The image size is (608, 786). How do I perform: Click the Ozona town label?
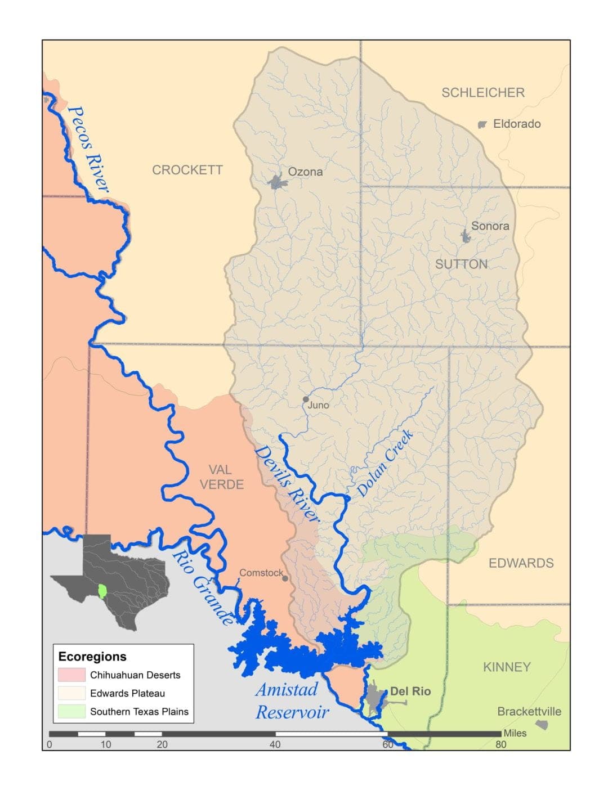pyautogui.click(x=305, y=172)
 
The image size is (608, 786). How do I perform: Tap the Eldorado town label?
pyautogui.click(x=516, y=124)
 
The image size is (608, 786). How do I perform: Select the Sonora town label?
pyautogui.click(x=490, y=226)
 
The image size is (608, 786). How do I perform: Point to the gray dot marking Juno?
pyautogui.click(x=306, y=399)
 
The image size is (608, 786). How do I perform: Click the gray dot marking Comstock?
pyautogui.click(x=285, y=578)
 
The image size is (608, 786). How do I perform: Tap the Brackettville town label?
pyautogui.click(x=529, y=712)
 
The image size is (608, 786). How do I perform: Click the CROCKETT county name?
pyautogui.click(x=187, y=170)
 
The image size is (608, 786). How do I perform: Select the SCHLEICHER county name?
pyautogui.click(x=482, y=93)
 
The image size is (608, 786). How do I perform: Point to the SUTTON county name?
pyautogui.click(x=461, y=264)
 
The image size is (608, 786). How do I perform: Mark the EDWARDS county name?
pyautogui.click(x=521, y=563)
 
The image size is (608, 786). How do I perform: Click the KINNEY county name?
pyautogui.click(x=507, y=667)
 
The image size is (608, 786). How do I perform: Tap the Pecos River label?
pyautogui.click(x=87, y=149)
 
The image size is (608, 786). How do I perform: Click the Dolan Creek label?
pyautogui.click(x=385, y=464)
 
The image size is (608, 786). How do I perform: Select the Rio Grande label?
pyautogui.click(x=202, y=587)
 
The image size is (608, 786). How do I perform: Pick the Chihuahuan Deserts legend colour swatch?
pyautogui.click(x=71, y=675)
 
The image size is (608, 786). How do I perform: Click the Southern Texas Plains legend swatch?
pyautogui.click(x=71, y=712)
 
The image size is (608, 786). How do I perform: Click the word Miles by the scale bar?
pyautogui.click(x=515, y=733)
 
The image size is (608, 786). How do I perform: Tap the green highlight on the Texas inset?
pyautogui.click(x=102, y=591)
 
